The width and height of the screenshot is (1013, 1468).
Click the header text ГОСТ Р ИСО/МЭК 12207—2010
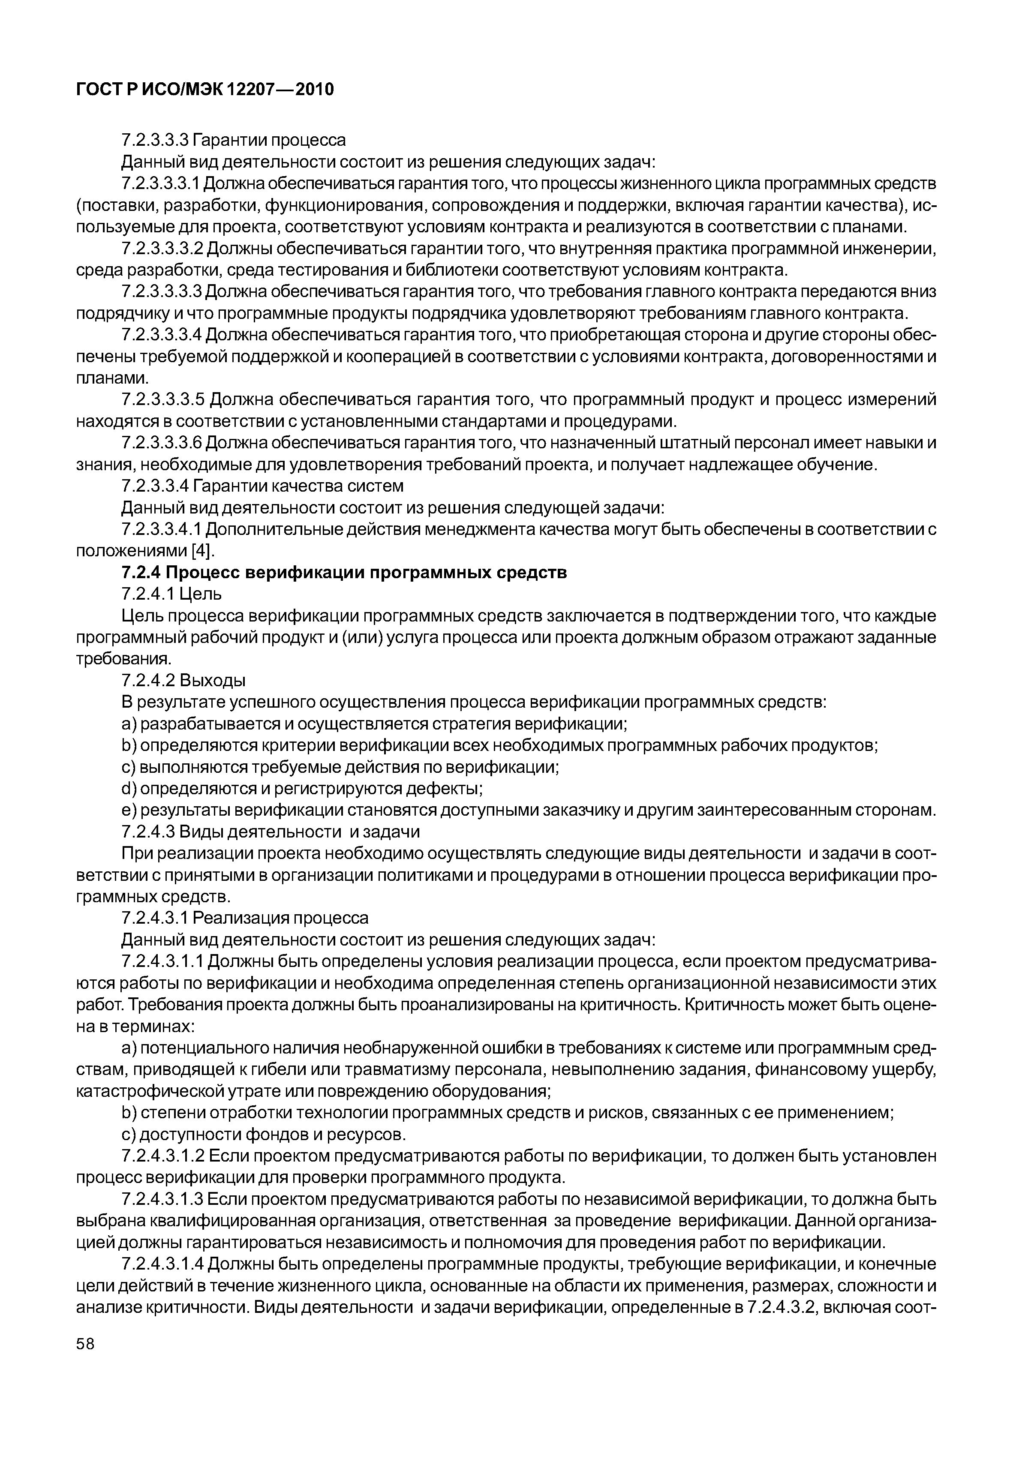[205, 90]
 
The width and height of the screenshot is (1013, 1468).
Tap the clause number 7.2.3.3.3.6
[162, 443]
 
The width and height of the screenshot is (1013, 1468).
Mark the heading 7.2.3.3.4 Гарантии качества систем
[262, 486]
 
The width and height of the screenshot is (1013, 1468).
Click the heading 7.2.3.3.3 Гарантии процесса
[234, 140]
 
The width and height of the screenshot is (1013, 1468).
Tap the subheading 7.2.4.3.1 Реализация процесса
[244, 917]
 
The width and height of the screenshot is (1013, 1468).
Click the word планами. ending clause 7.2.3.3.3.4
[112, 378]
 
